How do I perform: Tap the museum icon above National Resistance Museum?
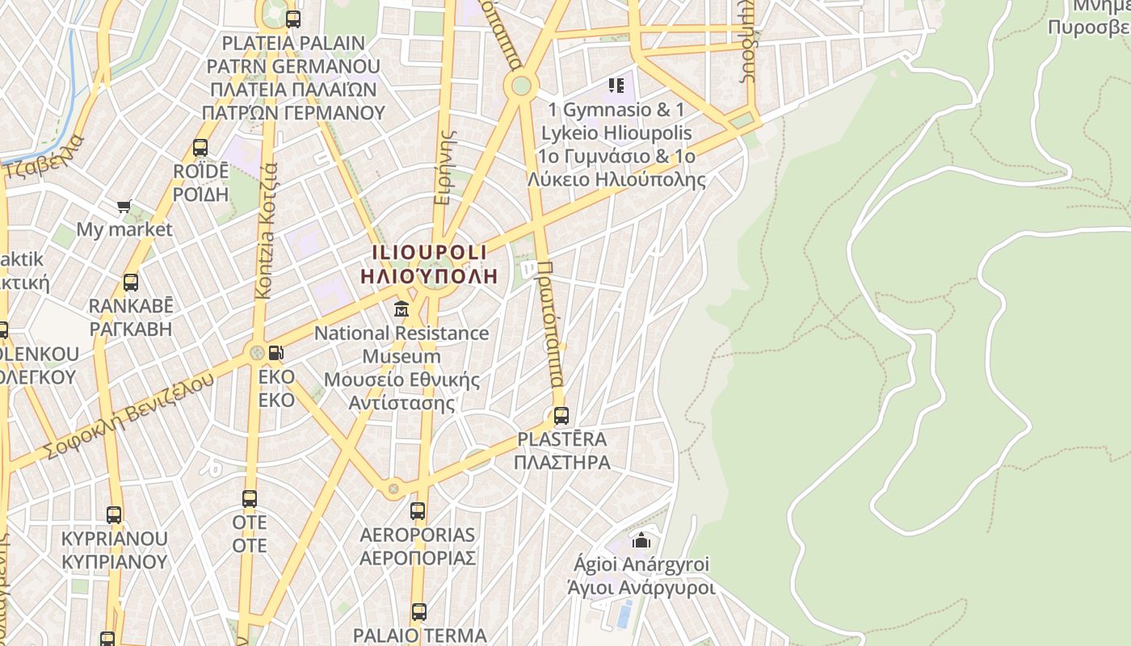click(x=401, y=309)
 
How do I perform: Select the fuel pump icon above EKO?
click(x=276, y=352)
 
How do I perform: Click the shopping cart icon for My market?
click(x=124, y=207)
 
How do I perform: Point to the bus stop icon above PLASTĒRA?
click(x=561, y=417)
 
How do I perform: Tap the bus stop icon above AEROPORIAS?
click(x=418, y=511)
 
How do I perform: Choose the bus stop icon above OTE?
click(x=250, y=499)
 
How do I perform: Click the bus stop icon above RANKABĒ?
click(x=131, y=283)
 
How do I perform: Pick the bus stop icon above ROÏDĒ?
click(x=200, y=148)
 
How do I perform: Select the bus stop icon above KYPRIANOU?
click(x=114, y=515)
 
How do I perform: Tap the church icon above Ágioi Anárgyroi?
click(x=642, y=540)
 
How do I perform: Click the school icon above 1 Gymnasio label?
click(x=616, y=85)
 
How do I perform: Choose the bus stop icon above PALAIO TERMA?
click(x=418, y=612)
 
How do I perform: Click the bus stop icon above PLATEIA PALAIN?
click(x=293, y=19)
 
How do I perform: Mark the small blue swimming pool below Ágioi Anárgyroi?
click(x=624, y=615)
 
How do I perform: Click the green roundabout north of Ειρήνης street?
click(x=521, y=85)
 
